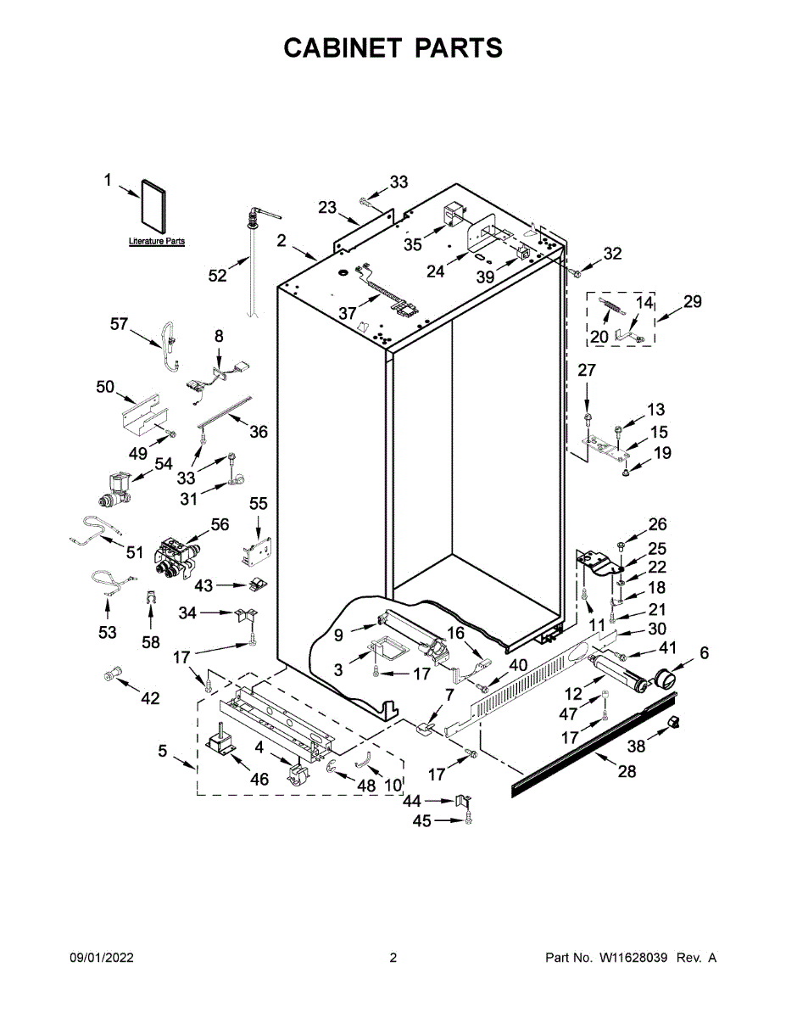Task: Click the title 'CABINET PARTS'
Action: [x=393, y=48]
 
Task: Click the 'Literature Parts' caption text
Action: [x=157, y=242]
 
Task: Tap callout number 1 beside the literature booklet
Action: [x=108, y=179]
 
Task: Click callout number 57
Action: [x=119, y=323]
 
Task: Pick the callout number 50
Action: [x=105, y=387]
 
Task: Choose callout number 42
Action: [x=150, y=698]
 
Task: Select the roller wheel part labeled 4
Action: [x=298, y=773]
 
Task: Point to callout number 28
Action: [x=626, y=771]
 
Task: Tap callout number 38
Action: [x=636, y=746]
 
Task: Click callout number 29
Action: [x=693, y=301]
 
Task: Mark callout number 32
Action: [x=612, y=253]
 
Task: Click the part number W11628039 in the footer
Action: [x=634, y=958]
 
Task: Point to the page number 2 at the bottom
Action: [x=393, y=958]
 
